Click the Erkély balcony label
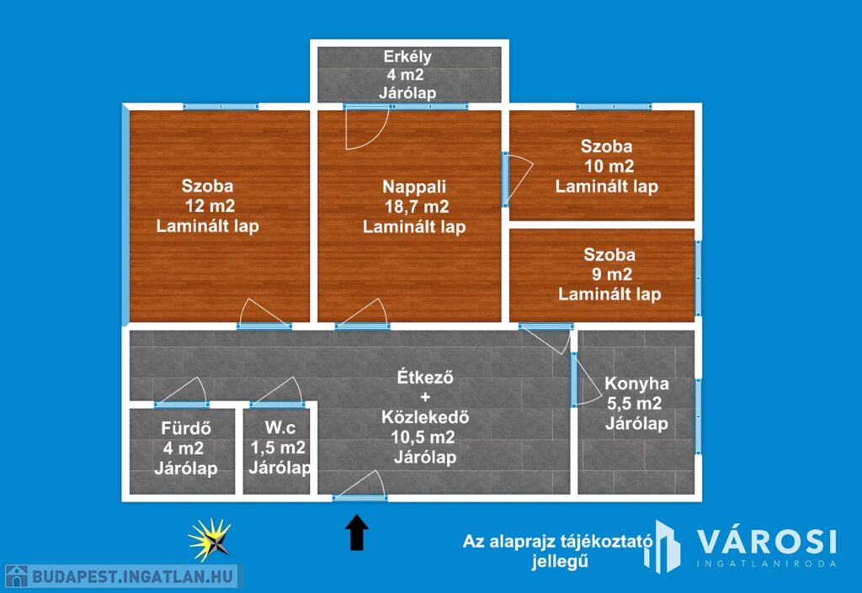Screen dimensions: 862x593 tap(407, 56)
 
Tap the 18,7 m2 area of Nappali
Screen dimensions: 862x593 tap(417, 206)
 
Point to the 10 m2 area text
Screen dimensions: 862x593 tap(609, 166)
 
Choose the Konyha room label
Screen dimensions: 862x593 tap(636, 384)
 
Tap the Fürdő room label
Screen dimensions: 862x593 tap(186, 428)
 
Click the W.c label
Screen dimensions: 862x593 tap(279, 427)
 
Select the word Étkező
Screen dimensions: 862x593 tap(425, 377)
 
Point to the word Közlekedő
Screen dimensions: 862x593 tap(425, 416)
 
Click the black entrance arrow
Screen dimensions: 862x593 tap(357, 532)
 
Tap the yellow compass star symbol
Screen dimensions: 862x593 tap(210, 540)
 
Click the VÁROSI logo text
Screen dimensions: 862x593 tap(767, 542)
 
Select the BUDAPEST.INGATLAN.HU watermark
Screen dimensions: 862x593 tap(122, 576)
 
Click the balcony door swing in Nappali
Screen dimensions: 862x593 tap(366, 128)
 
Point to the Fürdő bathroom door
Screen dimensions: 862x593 tap(182, 392)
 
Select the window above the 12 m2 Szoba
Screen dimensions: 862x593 tap(221, 107)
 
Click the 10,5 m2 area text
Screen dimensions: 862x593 tap(423, 437)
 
